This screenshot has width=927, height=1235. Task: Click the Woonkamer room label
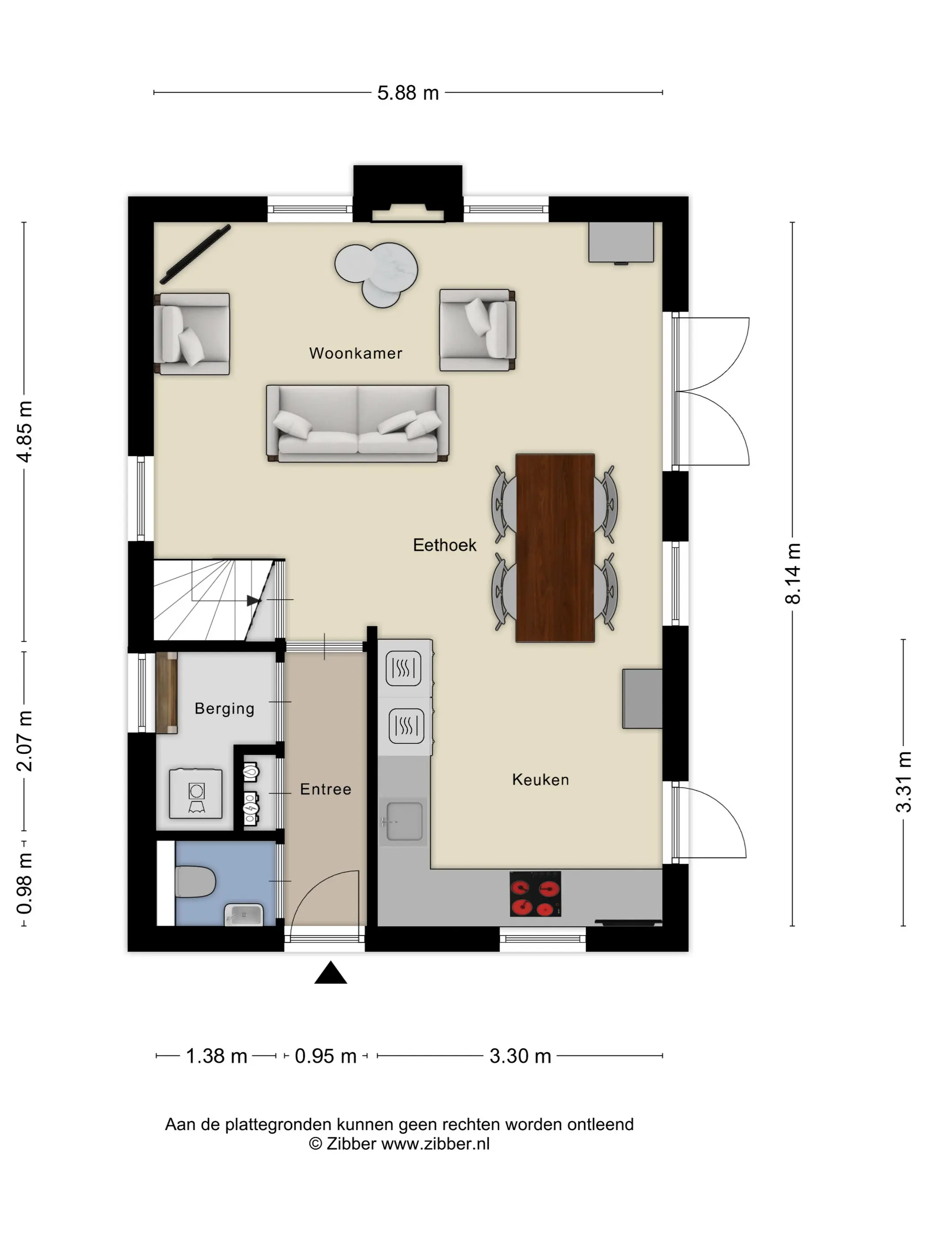355,353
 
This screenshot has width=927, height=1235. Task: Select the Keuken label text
540,779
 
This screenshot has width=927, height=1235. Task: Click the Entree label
325,789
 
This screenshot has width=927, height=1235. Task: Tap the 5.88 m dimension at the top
408,93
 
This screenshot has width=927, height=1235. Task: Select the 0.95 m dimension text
325,1056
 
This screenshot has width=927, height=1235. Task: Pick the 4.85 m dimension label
25,431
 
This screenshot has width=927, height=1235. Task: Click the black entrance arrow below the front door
331,973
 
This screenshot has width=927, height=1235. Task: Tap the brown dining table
555,548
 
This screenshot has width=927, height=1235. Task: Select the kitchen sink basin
404,821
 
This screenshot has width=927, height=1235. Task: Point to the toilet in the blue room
195,882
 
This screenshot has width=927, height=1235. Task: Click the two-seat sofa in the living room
358,423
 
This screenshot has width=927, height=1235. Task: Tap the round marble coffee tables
376,274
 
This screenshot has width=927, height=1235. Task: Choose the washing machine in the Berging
196,793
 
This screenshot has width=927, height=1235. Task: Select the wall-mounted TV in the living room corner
195,254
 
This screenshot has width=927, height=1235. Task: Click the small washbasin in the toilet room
244,914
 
